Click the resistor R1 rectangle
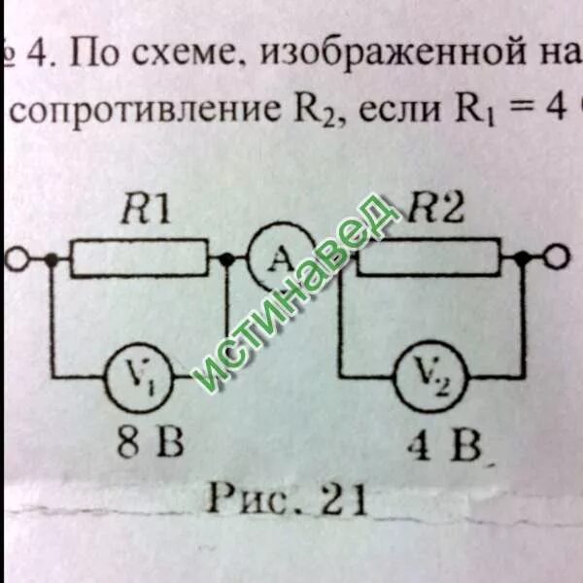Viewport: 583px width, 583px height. (140, 260)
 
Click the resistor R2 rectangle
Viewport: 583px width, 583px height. (428, 258)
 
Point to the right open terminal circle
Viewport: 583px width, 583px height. (555, 258)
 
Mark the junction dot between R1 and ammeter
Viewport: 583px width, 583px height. (226, 260)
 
